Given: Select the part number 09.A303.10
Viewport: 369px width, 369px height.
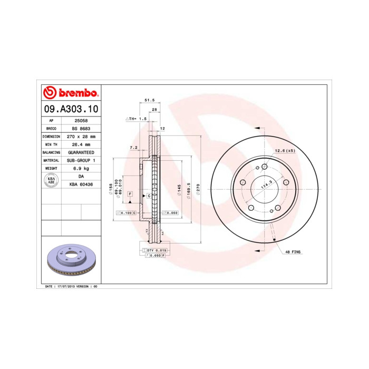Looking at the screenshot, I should point(70,110).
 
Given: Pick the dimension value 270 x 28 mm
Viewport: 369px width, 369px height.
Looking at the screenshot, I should point(81,137).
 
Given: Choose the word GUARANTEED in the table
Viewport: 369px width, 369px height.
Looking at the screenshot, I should point(81,152).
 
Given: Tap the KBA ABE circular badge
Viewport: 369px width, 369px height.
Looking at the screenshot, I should point(52,180).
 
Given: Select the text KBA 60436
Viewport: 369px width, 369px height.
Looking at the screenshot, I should point(81,184).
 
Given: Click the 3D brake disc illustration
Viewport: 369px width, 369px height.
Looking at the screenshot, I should point(71,262).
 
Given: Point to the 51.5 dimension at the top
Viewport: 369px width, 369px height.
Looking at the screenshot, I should point(149,100).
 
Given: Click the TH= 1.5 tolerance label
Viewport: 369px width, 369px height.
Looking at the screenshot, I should point(136,119).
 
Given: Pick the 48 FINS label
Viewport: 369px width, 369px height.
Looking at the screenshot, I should point(293,253).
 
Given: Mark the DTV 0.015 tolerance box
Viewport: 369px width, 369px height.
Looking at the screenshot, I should point(157,249).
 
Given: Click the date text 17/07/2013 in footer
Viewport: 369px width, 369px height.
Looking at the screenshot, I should point(65,286).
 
